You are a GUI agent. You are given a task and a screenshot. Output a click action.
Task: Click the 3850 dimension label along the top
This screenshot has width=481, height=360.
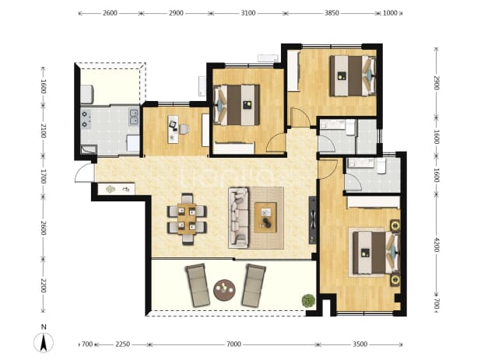[332, 13]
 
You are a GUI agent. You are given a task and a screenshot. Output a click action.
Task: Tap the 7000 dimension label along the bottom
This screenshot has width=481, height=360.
[233, 344]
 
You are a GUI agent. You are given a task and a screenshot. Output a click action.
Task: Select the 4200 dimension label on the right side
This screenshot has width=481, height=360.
[437, 245]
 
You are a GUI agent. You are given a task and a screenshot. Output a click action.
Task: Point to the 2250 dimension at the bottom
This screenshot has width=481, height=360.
[123, 344]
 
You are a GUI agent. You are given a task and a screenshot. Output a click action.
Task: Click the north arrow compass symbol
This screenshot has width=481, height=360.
[44, 342]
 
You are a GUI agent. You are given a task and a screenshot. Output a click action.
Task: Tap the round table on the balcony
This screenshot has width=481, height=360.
[225, 290]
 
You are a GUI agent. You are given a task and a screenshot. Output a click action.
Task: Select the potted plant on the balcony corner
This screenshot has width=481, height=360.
[308, 300]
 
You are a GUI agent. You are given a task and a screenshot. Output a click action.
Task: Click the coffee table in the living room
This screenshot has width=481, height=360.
[265, 217]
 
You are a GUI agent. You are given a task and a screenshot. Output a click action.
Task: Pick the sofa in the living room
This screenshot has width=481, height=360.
[238, 218]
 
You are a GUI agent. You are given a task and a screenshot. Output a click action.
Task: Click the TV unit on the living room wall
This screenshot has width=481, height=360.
[313, 220]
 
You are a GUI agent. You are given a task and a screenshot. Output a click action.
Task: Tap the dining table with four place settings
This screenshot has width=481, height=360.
[187, 218]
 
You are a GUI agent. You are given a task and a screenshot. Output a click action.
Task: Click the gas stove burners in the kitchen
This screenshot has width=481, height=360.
[86, 119]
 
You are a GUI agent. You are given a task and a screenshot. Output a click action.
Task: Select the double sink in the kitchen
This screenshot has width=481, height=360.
[134, 117]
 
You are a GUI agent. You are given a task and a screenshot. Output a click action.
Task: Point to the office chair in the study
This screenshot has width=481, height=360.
[184, 129]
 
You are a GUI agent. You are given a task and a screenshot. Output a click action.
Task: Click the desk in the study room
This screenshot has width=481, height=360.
[173, 129]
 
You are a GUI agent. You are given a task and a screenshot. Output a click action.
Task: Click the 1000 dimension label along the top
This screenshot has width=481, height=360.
[390, 13]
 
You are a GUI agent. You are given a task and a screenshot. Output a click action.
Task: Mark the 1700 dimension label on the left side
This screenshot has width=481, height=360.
[44, 177]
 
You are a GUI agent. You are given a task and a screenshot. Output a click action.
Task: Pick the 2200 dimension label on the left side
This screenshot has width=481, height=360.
[44, 285]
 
